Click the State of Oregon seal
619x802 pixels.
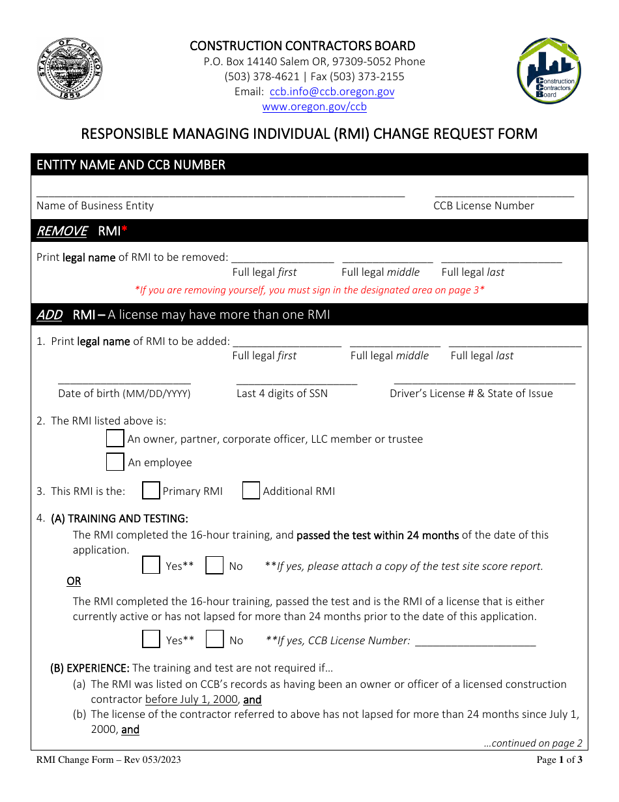pyautogui.click(x=70, y=68)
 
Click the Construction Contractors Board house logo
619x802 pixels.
pyautogui.click(x=549, y=70)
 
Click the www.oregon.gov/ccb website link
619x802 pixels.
pyautogui.click(x=314, y=107)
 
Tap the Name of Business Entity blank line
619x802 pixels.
pyautogui.click(x=220, y=194)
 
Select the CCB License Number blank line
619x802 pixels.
pyautogui.click(x=504, y=194)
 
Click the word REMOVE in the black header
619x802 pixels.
pyautogui.click(x=62, y=231)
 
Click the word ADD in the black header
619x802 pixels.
pyautogui.click(x=49, y=315)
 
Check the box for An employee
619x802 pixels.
pyautogui.click(x=115, y=462)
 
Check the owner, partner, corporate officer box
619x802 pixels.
pyautogui.click(x=115, y=438)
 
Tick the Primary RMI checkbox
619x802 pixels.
pyautogui.click(x=151, y=490)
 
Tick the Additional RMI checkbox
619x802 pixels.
pyautogui.click(x=251, y=490)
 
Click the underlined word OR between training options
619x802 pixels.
pyautogui.click(x=74, y=581)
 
